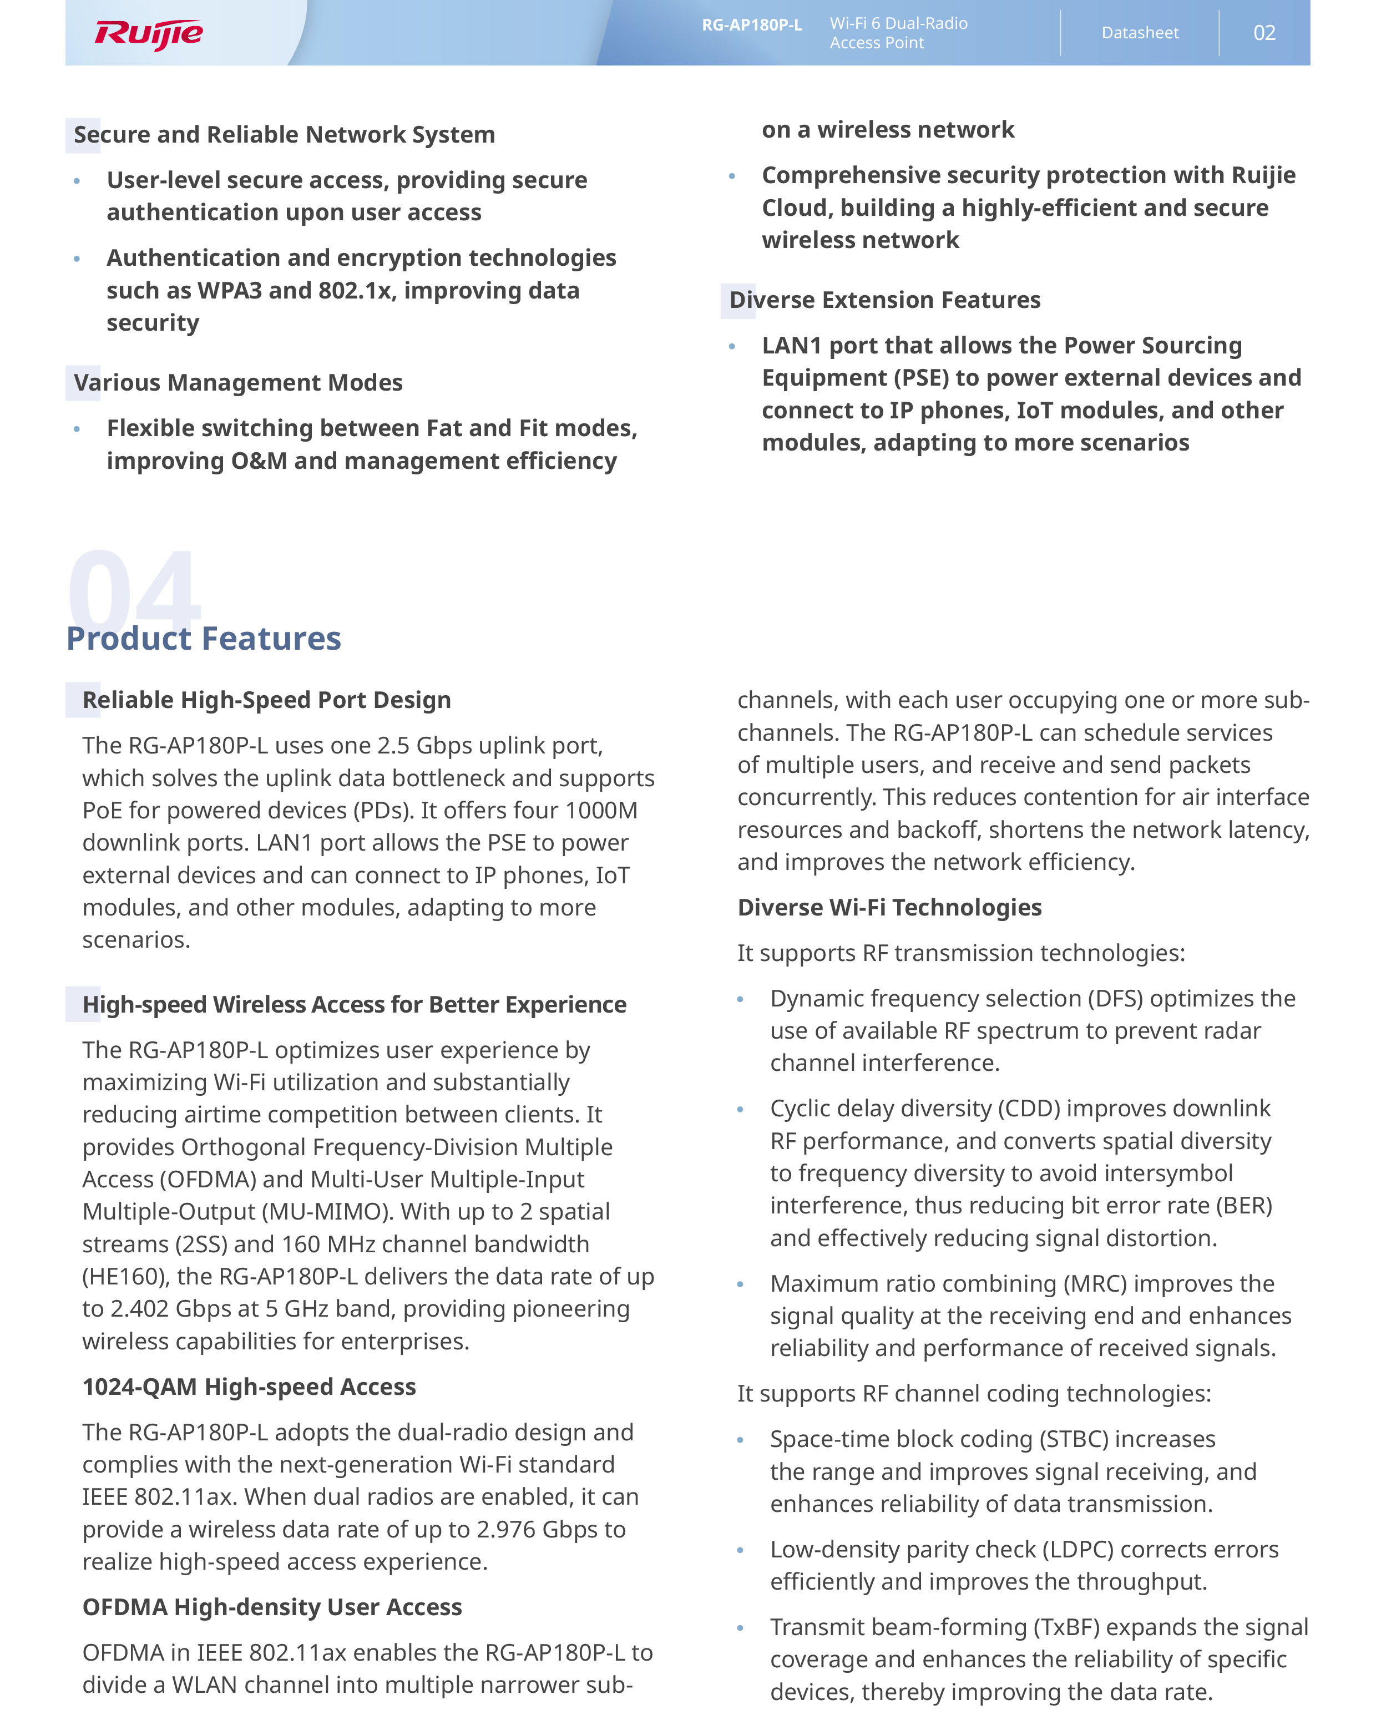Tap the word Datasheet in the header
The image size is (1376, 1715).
pyautogui.click(x=1139, y=33)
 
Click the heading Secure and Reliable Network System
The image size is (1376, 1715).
pyautogui.click(x=284, y=134)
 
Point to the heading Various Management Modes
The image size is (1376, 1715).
pyautogui.click(x=238, y=383)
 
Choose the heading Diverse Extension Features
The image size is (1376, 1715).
pyautogui.click(x=884, y=300)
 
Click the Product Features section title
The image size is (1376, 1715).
pyautogui.click(x=204, y=638)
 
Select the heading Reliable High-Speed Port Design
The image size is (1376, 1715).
pyautogui.click(x=266, y=700)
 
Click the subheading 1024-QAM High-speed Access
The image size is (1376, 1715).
pyautogui.click(x=249, y=1387)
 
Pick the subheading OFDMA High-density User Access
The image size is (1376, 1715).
pyautogui.click(x=272, y=1607)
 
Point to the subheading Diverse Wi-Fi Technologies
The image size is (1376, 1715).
pyautogui.click(x=889, y=908)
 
